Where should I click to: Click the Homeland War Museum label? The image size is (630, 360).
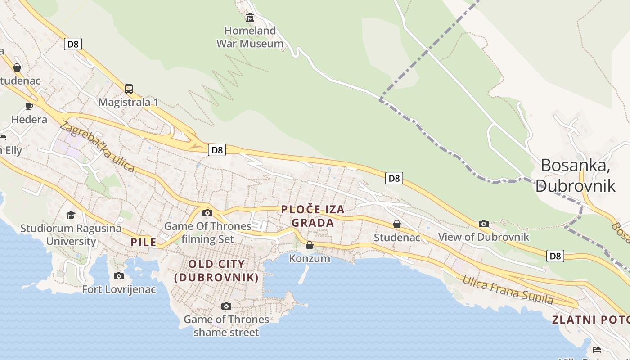(250, 37)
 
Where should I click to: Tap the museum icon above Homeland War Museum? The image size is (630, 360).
(250, 18)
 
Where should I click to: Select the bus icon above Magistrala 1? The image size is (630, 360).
(129, 89)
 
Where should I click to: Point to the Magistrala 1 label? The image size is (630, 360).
(128, 102)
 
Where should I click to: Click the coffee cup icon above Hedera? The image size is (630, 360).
(29, 106)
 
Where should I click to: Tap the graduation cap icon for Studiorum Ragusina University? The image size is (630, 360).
(71, 215)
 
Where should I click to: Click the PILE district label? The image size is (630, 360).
(144, 242)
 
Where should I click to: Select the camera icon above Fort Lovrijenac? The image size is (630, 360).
(119, 276)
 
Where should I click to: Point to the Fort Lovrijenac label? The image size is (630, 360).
(119, 289)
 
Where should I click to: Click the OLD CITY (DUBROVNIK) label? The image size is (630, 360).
(216, 270)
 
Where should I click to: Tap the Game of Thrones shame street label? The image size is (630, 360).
(226, 326)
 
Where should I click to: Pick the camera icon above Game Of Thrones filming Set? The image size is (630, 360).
(207, 213)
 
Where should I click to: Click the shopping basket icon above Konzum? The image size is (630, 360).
(310, 245)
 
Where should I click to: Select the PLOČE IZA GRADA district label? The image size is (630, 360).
(313, 216)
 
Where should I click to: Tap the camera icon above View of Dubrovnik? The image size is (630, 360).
(484, 224)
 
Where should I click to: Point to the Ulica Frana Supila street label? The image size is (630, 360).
(508, 289)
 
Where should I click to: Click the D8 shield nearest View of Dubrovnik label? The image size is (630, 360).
(555, 256)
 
